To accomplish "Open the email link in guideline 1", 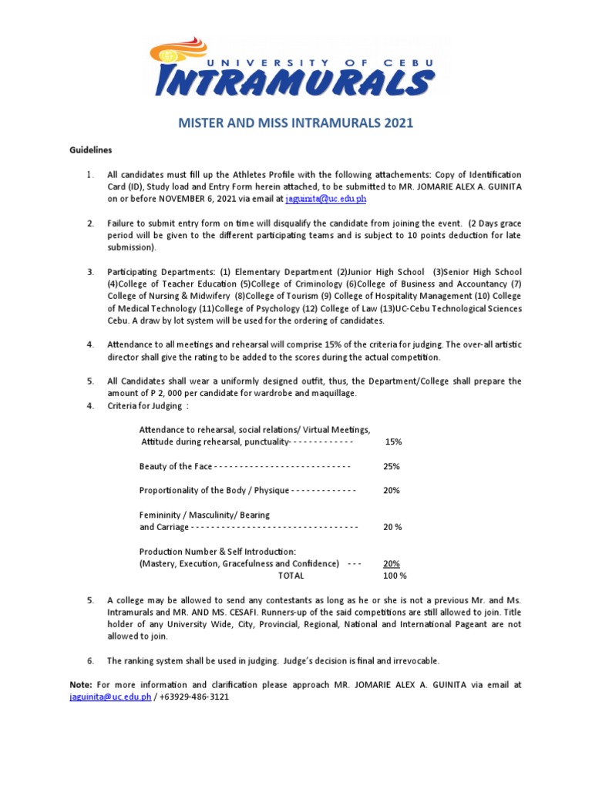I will click(x=325, y=199).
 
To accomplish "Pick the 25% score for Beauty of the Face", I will click(x=392, y=466).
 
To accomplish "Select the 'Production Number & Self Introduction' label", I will click(x=217, y=552).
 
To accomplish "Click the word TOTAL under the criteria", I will click(x=291, y=576).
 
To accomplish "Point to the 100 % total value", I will click(x=394, y=576).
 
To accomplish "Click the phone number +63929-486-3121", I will click(x=194, y=697).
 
